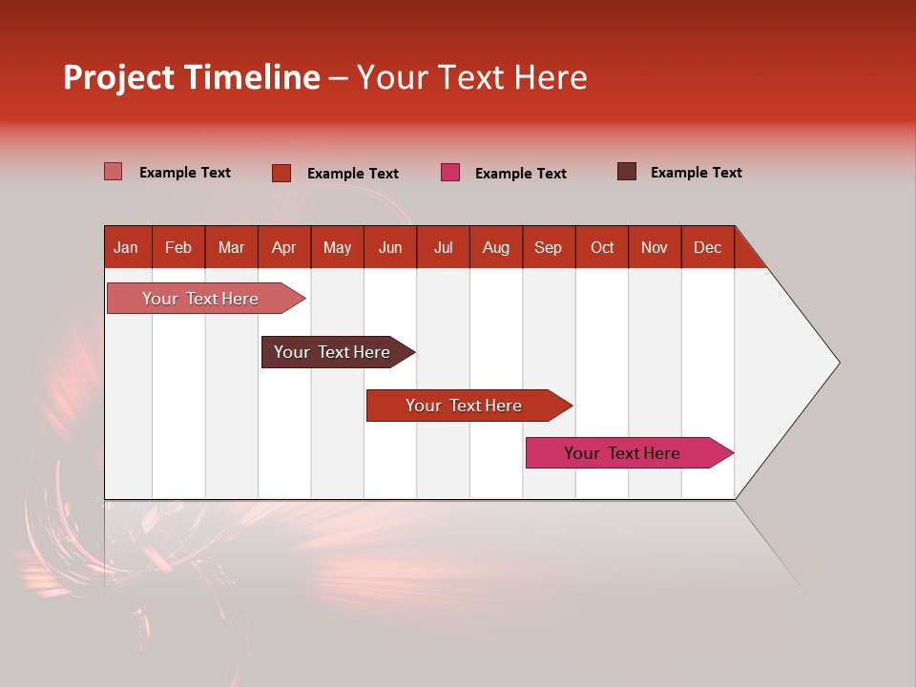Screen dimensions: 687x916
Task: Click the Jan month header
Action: (126, 247)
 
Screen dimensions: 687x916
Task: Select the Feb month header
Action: (178, 247)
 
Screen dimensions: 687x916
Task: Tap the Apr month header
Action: (284, 247)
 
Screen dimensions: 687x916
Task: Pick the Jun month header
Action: (390, 247)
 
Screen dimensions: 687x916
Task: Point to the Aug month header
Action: (496, 247)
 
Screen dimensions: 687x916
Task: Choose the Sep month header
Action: (549, 247)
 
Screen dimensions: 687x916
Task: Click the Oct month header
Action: (602, 247)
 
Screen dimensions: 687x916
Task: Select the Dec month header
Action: (708, 247)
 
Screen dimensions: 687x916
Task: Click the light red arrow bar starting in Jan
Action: (201, 299)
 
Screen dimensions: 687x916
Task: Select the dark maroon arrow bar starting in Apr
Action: (333, 352)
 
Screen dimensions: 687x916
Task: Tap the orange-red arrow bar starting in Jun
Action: (465, 406)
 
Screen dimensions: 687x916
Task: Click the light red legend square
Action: (114, 172)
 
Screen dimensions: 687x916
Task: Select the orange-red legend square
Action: (281, 173)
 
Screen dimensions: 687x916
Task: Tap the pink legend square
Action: (450, 172)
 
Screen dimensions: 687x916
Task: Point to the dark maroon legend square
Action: (627, 172)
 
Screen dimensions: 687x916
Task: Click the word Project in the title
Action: (119, 78)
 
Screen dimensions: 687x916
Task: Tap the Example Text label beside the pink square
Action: (521, 174)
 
